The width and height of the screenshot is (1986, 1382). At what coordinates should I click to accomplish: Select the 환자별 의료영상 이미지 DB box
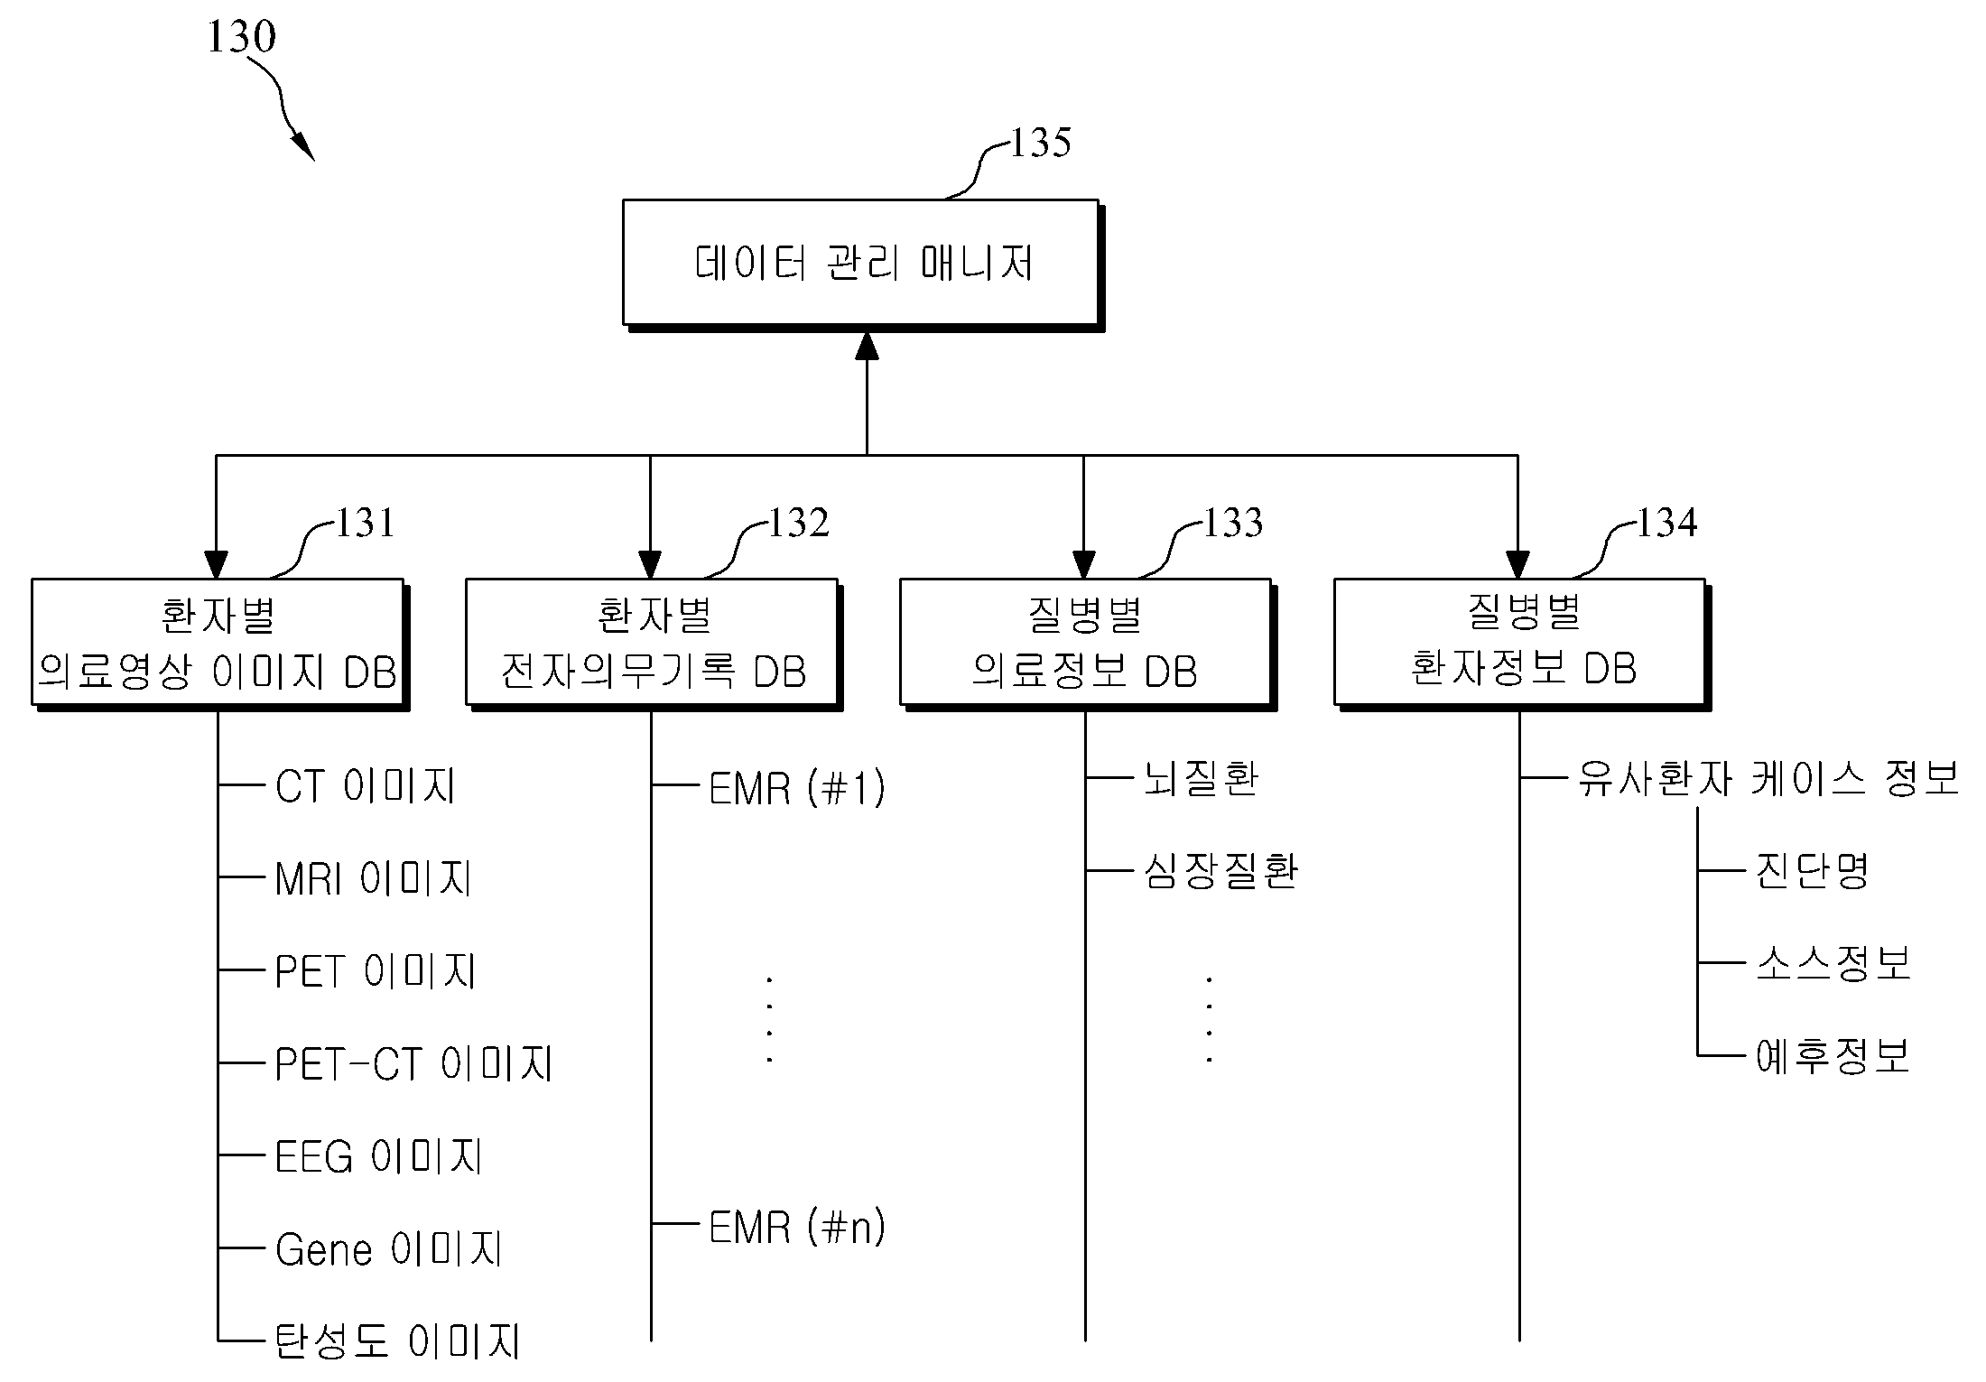point(219,644)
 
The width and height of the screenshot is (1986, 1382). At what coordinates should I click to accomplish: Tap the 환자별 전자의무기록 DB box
point(653,644)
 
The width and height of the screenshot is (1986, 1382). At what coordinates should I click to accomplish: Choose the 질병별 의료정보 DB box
point(1087,644)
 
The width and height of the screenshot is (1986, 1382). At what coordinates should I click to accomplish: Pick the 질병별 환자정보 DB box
point(1521,644)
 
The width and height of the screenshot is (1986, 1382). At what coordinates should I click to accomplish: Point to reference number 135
point(1040,143)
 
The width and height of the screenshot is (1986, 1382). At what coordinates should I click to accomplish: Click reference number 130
point(241,37)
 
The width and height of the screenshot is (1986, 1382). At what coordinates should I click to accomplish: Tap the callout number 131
point(366,523)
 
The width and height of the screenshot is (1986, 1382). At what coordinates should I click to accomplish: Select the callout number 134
point(1667,523)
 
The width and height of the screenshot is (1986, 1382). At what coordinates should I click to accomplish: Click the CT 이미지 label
point(366,785)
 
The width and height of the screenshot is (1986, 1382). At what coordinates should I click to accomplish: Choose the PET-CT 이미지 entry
point(413,1063)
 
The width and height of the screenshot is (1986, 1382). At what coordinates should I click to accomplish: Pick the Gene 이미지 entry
point(389,1249)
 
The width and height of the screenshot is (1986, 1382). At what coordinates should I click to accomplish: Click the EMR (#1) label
point(797,788)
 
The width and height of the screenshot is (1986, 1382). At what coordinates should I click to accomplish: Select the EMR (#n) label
point(797,1227)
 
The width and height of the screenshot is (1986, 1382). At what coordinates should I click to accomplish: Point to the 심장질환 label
point(1220,871)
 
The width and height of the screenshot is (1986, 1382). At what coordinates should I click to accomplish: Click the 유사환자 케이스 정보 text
point(1768,778)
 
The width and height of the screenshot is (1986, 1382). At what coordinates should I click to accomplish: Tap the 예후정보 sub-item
point(1833,1055)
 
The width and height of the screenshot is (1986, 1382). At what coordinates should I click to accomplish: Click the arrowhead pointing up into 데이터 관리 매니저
point(867,346)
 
